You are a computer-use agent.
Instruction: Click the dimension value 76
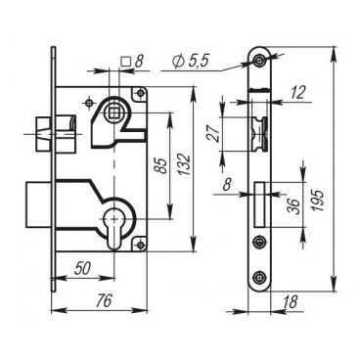[104, 299]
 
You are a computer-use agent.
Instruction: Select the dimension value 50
[82, 268]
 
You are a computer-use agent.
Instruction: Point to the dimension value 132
[185, 164]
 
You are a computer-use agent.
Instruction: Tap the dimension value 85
[160, 165]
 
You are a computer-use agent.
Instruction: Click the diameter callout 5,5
[191, 61]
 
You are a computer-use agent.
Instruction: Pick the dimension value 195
[318, 200]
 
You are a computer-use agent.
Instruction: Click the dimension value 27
[213, 132]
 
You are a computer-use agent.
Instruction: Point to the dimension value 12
[297, 93]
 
